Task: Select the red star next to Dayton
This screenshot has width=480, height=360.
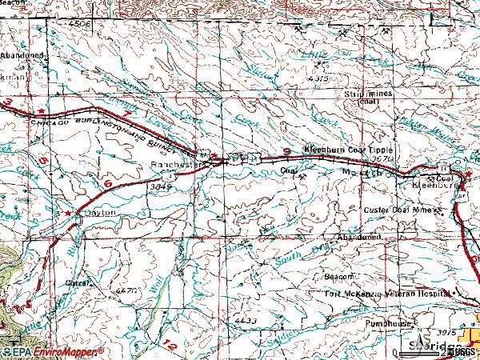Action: tap(68, 213)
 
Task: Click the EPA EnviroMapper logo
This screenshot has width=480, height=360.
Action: tap(52, 352)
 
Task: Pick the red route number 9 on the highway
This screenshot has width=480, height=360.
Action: tap(286, 152)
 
